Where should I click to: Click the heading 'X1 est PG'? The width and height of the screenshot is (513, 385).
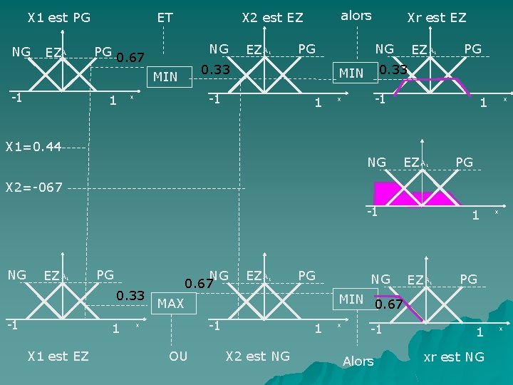click(x=58, y=16)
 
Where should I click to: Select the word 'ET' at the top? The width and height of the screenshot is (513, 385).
click(x=165, y=16)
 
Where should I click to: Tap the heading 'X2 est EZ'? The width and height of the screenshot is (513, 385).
click(x=272, y=16)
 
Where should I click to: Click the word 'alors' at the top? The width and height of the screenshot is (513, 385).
click(x=356, y=15)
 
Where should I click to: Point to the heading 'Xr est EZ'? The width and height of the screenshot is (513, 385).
click(x=436, y=16)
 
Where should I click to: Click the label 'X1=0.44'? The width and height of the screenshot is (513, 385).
click(x=33, y=147)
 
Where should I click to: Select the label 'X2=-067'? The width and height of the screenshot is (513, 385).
click(x=34, y=188)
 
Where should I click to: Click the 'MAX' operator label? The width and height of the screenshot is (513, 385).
click(x=170, y=304)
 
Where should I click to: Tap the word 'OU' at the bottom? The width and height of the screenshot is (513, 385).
click(x=178, y=355)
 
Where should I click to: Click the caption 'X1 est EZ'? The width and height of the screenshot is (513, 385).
click(x=58, y=355)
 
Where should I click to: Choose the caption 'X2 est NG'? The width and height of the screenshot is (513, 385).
click(x=257, y=355)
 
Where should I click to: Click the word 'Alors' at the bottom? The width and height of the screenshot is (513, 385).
click(x=358, y=361)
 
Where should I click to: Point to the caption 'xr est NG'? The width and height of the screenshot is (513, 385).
click(x=453, y=356)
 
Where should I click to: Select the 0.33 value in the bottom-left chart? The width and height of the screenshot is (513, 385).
click(x=130, y=295)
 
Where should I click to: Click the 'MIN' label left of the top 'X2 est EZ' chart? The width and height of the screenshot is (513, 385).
click(x=165, y=76)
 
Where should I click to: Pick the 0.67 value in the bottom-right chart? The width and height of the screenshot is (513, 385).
click(x=390, y=304)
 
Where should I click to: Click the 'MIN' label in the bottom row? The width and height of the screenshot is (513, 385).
click(x=351, y=299)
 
